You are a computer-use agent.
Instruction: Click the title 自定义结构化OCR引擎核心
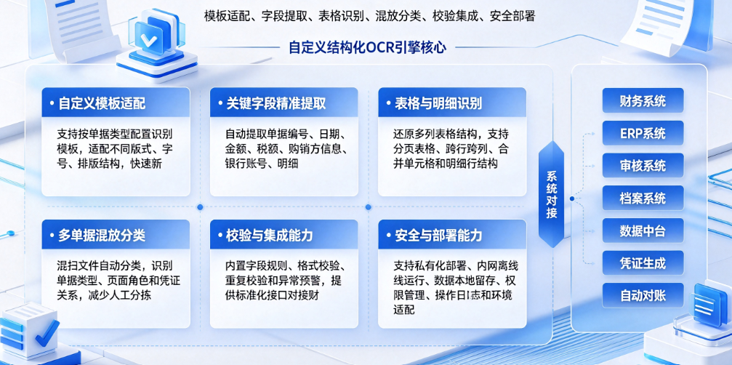pos(367,47)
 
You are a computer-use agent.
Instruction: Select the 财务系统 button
pos(643,100)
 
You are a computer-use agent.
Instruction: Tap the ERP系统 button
pos(643,133)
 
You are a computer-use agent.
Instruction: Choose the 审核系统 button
pos(643,165)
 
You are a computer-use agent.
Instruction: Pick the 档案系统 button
pos(643,198)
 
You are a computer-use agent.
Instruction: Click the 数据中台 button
pos(643,230)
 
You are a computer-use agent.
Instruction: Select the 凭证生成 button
pos(643,262)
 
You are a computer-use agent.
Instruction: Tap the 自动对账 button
pos(643,295)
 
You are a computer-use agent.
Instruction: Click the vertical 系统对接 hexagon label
pos(551,194)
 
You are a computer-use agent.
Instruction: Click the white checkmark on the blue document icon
pos(149,40)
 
